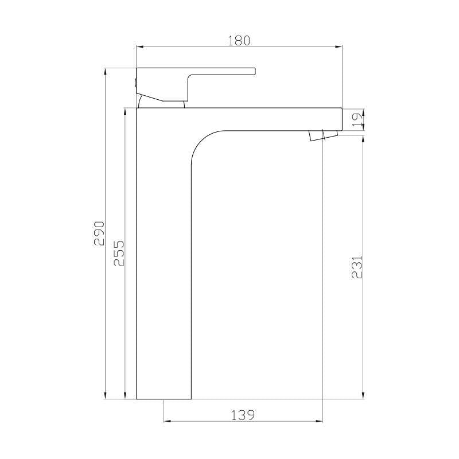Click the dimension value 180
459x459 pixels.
[x=239, y=40]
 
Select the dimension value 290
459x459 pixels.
[x=99, y=233]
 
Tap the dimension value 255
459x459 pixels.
[x=119, y=253]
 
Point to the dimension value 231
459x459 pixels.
[x=357, y=267]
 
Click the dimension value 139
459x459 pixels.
[x=243, y=414]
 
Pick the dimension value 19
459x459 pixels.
[x=357, y=119]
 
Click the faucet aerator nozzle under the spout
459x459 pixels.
[x=322, y=135]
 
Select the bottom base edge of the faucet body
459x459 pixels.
[x=164, y=398]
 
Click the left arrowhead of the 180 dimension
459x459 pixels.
[x=138, y=47]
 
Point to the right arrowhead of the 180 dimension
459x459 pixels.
[x=340, y=47]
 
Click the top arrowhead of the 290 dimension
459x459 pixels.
[x=106, y=71]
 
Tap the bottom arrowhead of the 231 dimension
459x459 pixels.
[x=363, y=395]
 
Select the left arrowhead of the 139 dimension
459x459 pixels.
[x=166, y=422]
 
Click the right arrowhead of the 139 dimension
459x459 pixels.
[x=320, y=422]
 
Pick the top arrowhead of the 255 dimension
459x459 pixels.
[x=125, y=111]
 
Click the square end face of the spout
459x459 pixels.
[x=341, y=119]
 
